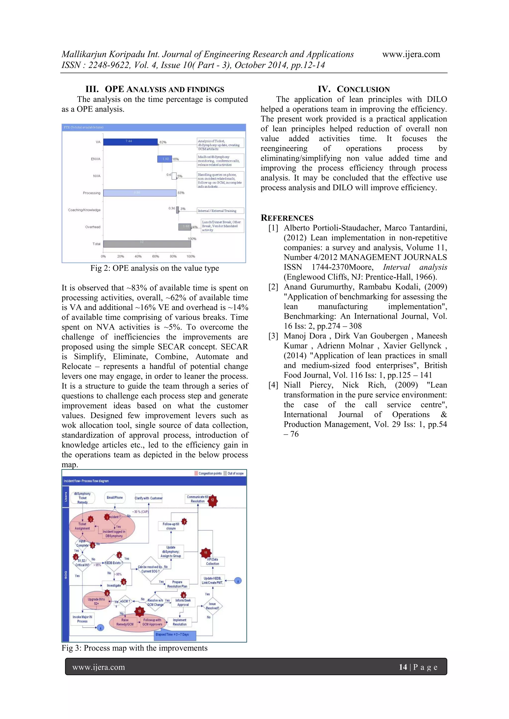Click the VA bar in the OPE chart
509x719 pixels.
130,142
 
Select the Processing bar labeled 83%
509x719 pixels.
140,193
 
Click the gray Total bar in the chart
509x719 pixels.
147,244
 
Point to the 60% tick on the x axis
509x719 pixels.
156,256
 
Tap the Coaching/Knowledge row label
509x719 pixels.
84,210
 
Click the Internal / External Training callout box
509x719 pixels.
220,211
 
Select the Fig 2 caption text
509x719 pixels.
155,268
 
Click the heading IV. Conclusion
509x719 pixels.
353,89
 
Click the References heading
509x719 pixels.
287,218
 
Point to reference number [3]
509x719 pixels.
273,336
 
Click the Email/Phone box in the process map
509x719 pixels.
115,498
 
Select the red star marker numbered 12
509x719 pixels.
212,500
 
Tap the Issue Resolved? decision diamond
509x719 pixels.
212,606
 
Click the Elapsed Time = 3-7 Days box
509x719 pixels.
175,634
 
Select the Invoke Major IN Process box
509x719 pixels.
82,619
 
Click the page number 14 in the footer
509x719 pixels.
403,667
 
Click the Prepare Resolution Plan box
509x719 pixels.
177,584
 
